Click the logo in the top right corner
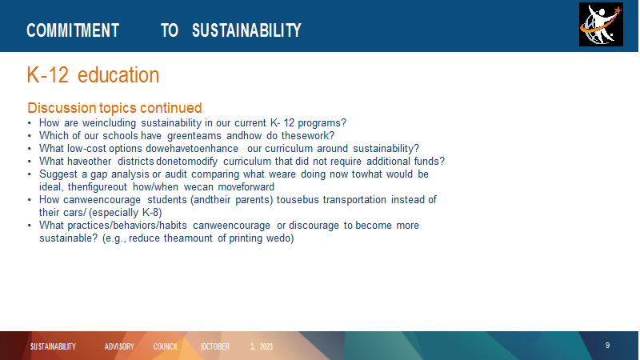click(601, 25)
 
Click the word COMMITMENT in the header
click(73, 30)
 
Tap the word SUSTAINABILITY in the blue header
click(246, 30)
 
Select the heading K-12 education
click(93, 75)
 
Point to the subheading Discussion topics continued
click(114, 108)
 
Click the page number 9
click(607, 346)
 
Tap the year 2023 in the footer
click(266, 346)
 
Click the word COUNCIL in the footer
click(166, 346)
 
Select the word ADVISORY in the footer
click(119, 346)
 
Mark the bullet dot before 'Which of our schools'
click(30, 136)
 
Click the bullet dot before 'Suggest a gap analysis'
click(30, 174)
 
